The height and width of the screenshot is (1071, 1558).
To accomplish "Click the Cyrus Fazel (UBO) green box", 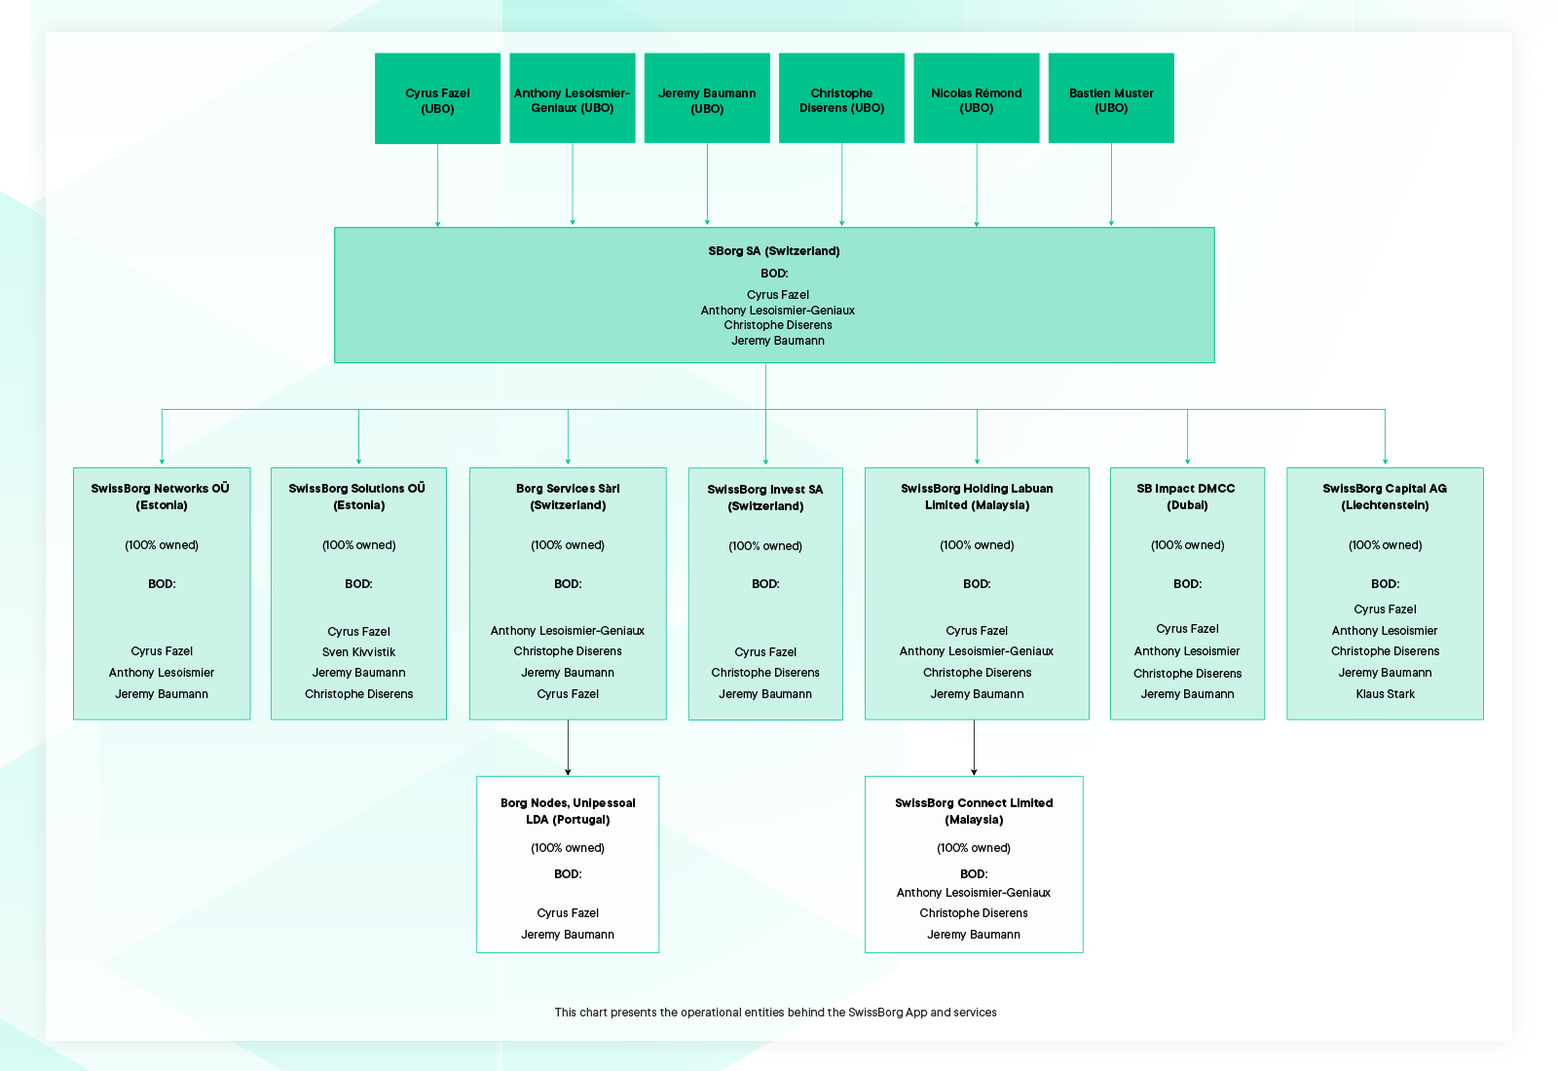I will coord(437,99).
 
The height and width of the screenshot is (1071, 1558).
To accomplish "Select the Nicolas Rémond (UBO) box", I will coord(976,99).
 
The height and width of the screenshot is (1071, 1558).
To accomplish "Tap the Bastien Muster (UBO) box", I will coord(1111,99).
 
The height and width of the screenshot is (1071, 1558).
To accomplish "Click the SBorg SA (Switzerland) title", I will coord(774,251).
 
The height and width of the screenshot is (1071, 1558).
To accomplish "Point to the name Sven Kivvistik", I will coord(358,652).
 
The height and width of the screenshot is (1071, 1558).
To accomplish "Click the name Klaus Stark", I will coord(1385,694).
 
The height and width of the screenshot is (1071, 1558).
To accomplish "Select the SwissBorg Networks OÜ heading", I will coord(162,497).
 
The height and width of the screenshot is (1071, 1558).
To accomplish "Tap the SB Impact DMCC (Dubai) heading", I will coord(1186,497).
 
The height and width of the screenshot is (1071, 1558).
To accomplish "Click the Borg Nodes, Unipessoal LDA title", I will coord(568,811).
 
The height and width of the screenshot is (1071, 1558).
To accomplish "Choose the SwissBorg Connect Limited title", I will coord(974,811).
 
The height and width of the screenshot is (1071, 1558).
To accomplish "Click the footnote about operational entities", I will coord(775,1013).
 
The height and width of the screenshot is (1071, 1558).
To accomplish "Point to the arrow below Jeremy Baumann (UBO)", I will coord(707,185).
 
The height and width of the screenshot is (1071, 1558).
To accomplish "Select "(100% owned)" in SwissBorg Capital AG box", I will coord(1385,545).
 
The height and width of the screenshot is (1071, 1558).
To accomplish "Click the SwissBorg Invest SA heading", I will coord(765,498).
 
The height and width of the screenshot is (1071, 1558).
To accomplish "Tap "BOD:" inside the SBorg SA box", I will coord(774,274).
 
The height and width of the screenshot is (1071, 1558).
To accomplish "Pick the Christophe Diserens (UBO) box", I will coord(841,99).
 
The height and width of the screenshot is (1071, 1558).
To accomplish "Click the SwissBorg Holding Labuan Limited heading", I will coord(977,497).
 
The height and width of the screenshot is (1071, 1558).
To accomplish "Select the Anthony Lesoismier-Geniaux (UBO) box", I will coord(573,99).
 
